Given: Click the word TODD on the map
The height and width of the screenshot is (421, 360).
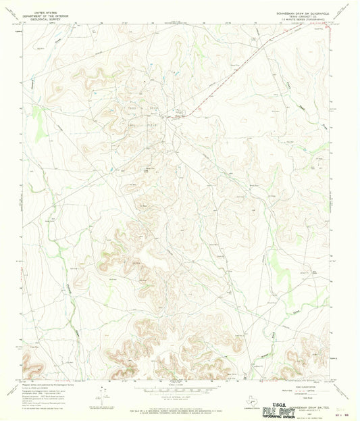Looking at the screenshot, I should (x=133, y=108).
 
